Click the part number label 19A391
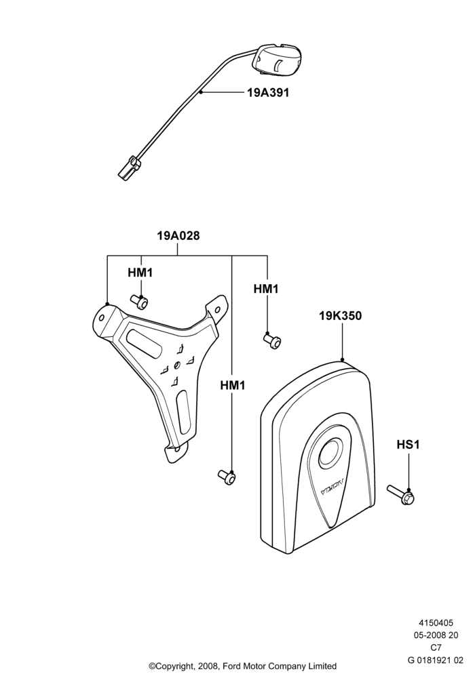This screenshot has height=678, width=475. coord(268,92)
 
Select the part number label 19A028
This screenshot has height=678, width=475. coord(178,236)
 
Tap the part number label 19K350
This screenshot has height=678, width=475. coord(341,316)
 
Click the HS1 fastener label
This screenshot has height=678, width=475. coord(408,445)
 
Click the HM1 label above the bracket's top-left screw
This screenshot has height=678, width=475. coord(140,273)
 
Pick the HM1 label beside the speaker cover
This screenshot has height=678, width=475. coord(266,289)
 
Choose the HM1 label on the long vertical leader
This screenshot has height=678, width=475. coord(233,385)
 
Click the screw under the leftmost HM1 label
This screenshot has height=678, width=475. coord(139,302)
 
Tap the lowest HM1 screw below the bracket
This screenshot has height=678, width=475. coord(227,477)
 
